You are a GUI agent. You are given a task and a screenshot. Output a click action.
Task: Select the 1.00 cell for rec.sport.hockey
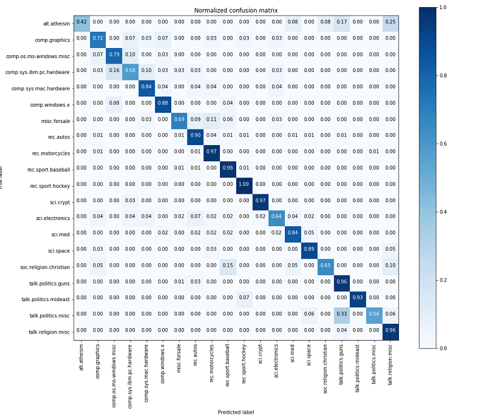(244, 184)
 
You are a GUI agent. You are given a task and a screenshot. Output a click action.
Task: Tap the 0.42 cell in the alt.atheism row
(81, 22)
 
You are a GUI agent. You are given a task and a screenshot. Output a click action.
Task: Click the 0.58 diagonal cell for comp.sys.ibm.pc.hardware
(130, 71)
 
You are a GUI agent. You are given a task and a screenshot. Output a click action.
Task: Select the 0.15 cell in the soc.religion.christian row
(228, 265)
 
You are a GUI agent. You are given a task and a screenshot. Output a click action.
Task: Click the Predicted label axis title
(236, 412)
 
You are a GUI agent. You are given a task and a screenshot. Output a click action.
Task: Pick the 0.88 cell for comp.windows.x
(162, 103)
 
